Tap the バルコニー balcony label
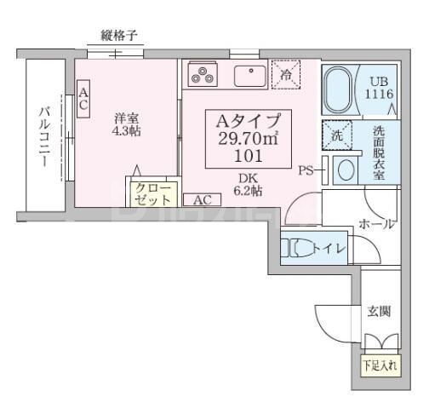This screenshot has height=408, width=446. point(43,137)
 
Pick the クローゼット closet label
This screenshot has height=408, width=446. point(153,194)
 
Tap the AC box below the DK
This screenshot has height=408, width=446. point(203,200)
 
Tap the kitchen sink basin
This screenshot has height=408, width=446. point(250,74)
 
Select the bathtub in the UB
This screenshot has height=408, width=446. point(341,89)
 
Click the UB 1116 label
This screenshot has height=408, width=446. point(380,87)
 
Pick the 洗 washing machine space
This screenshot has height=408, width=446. point(336,135)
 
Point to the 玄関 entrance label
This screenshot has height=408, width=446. point(379,312)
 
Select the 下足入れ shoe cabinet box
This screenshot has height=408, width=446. point(379,366)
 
